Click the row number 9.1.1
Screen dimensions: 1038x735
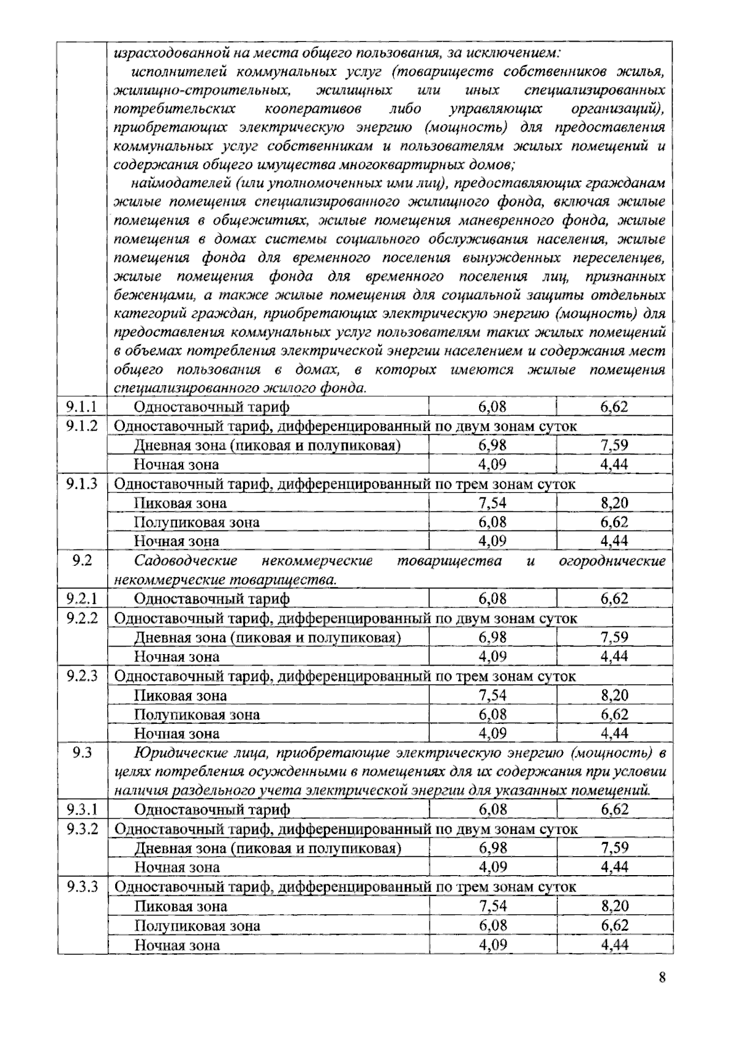tap(82, 407)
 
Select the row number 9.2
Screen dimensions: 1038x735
tap(82, 560)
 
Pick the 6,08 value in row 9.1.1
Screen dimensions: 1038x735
tap(492, 407)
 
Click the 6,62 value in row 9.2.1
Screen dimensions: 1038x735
tap(614, 598)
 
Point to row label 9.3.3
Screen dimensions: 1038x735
tap(82, 886)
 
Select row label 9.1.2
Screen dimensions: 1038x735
tap(82, 426)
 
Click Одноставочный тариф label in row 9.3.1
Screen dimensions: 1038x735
tap(211, 810)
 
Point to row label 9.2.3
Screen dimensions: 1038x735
tap(82, 676)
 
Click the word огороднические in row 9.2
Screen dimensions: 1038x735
tap(612, 561)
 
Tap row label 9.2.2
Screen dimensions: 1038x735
tap(82, 618)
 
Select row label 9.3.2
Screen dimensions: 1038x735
tap(82, 829)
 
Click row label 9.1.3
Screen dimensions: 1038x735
tap(82, 483)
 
